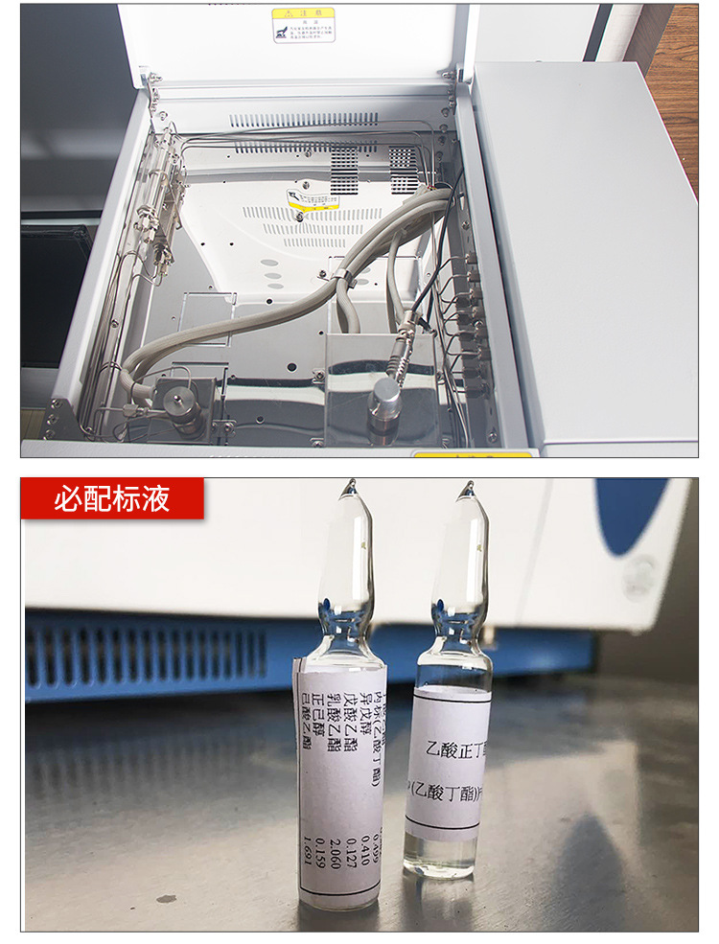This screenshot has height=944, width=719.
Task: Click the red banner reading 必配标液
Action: (x=112, y=498)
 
